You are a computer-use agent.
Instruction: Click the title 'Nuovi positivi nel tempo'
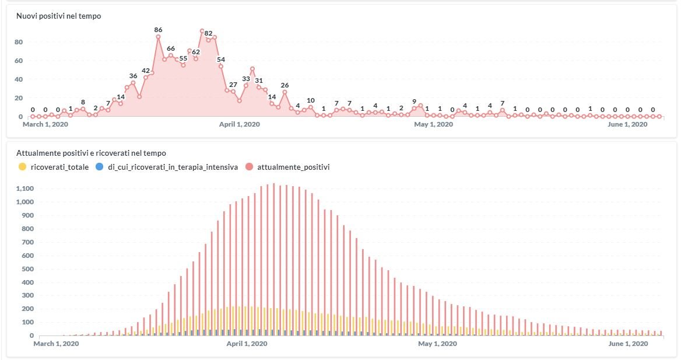click(x=58, y=16)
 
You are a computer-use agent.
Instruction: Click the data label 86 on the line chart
click(x=158, y=30)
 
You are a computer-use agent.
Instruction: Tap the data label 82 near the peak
click(x=209, y=33)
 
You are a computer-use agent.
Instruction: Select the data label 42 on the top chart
click(x=146, y=71)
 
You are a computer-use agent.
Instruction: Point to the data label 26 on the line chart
click(x=285, y=86)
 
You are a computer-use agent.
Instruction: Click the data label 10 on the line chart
click(x=310, y=100)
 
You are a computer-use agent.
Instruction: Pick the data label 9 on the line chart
click(x=414, y=101)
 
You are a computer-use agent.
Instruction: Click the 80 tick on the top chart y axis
click(x=19, y=42)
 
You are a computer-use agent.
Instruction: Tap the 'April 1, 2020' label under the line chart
click(x=240, y=124)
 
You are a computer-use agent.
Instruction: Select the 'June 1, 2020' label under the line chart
click(x=627, y=124)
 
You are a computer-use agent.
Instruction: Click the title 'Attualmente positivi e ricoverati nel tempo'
click(x=91, y=153)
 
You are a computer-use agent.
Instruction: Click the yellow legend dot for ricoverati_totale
click(x=23, y=167)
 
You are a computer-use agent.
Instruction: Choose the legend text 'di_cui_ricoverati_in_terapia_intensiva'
click(x=173, y=167)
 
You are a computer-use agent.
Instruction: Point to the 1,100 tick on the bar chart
click(x=26, y=188)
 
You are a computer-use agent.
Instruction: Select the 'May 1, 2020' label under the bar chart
click(x=437, y=344)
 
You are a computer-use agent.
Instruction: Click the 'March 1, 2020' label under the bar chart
click(x=55, y=344)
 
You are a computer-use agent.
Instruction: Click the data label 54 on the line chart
click(x=221, y=60)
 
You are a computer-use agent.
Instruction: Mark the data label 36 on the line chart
click(x=133, y=76)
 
